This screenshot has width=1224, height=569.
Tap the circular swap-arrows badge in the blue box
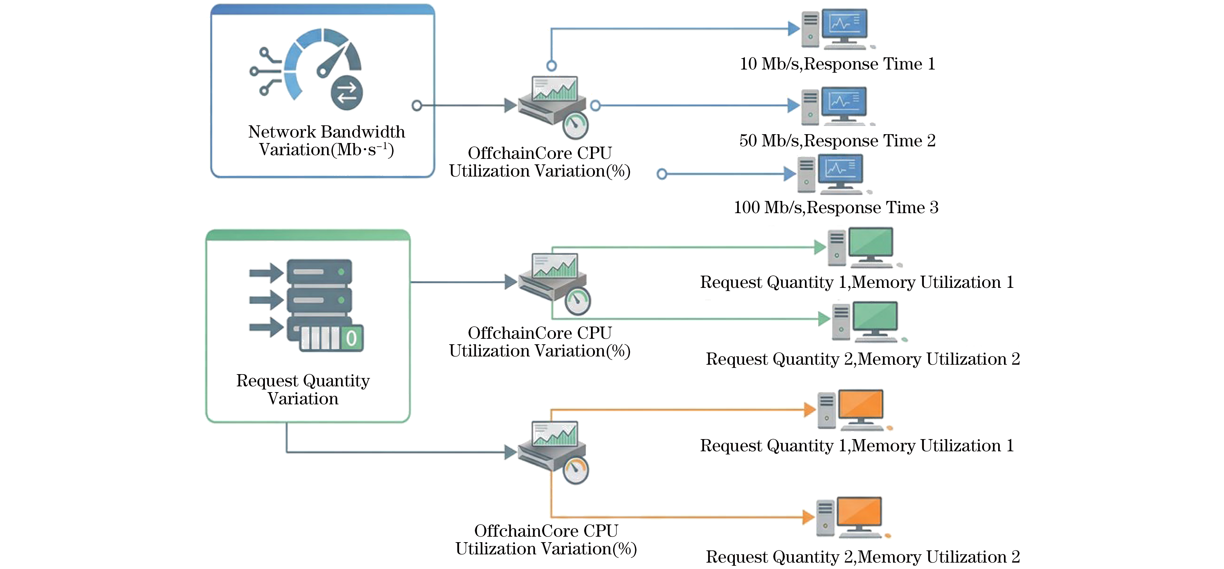tap(347, 93)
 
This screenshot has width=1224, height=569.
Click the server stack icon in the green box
tap(307, 305)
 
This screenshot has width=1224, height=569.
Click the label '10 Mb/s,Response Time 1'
tap(837, 64)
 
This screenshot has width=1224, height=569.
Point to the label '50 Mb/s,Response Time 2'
tap(837, 140)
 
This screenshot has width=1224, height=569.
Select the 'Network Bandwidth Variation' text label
tap(326, 141)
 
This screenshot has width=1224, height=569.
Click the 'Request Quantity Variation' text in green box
tap(303, 389)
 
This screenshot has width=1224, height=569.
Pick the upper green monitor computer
tap(864, 247)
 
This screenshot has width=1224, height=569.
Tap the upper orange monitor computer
tap(854, 410)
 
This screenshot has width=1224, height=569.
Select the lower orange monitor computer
tap(853, 518)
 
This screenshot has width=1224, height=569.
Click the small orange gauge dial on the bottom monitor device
tap(576, 471)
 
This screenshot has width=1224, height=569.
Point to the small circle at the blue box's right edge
tap(417, 106)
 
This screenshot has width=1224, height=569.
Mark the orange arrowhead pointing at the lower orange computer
tap(808, 517)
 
